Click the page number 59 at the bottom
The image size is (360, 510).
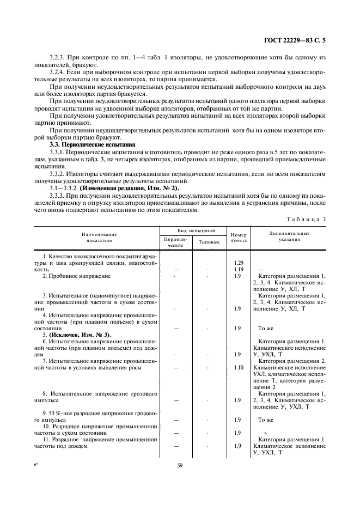(x=180, y=465)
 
